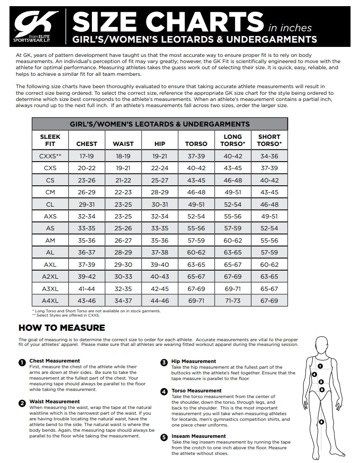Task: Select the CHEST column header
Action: point(87,144)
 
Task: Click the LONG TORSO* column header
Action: point(233,140)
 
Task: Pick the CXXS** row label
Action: point(50,155)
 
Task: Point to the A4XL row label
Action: point(50,300)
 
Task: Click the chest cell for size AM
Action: point(87,240)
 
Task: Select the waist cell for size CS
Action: point(123,180)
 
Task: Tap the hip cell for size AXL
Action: point(160,264)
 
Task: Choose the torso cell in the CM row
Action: point(196,192)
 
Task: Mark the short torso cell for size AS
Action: point(269,228)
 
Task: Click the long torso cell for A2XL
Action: point(233,276)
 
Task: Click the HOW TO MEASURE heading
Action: point(62,327)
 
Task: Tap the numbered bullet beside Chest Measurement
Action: point(22,363)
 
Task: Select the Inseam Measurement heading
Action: point(198,436)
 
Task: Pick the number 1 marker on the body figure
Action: point(320,366)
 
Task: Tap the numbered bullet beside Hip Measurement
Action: point(164,363)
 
